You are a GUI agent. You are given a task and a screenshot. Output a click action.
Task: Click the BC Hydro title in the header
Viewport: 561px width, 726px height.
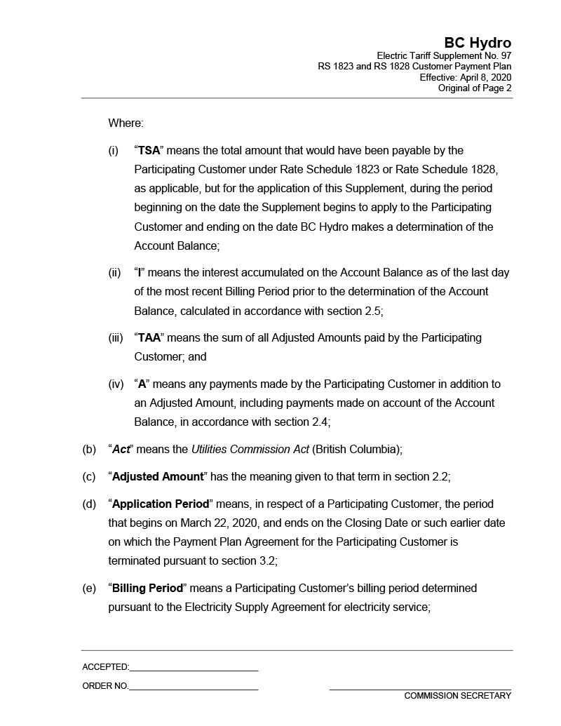[477, 43]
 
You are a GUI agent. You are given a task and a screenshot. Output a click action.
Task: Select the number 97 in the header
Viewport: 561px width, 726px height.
[505, 55]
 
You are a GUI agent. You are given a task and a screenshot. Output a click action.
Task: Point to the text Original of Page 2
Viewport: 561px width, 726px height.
[475, 88]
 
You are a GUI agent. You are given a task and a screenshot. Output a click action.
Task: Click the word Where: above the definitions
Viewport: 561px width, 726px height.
[126, 123]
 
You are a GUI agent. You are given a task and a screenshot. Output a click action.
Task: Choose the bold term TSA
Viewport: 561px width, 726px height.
[149, 151]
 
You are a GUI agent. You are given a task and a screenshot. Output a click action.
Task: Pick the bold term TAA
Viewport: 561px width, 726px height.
[149, 338]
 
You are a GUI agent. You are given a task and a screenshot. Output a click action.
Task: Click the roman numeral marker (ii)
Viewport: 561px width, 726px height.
[114, 273]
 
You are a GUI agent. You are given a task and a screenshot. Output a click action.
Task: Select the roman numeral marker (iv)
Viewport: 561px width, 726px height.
[116, 384]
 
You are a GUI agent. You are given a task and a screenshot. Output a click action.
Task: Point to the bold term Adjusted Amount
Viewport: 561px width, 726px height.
[158, 477]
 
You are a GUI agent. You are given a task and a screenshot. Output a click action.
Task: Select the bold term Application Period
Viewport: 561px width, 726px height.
[161, 504]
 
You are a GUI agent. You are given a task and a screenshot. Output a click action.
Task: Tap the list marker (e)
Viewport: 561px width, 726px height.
[89, 589]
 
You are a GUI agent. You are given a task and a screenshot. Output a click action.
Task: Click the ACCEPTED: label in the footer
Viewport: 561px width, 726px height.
[105, 667]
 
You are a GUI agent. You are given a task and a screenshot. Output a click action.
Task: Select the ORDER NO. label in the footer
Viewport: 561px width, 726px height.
[105, 686]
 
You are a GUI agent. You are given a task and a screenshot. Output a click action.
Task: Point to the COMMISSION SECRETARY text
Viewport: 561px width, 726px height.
[457, 696]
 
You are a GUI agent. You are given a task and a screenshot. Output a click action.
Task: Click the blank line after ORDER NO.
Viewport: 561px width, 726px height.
[194, 688]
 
